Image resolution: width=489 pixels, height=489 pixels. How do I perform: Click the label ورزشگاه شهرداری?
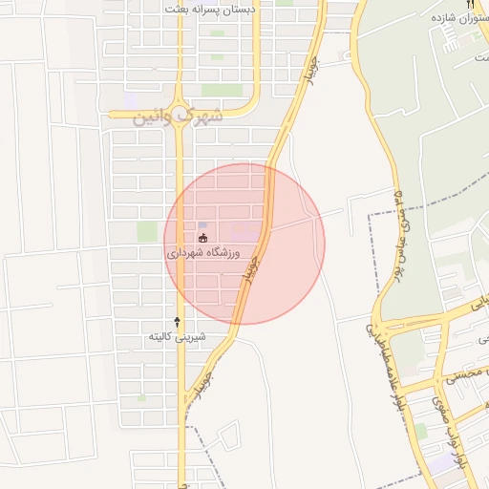[x=206, y=254]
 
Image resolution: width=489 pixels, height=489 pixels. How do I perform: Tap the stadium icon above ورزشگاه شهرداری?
[x=202, y=238]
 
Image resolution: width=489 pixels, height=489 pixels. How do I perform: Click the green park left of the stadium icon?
[x=146, y=231]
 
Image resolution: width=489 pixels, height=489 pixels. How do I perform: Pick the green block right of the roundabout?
[x=222, y=91]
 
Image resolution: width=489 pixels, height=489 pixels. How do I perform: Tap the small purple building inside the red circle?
[x=202, y=224]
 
